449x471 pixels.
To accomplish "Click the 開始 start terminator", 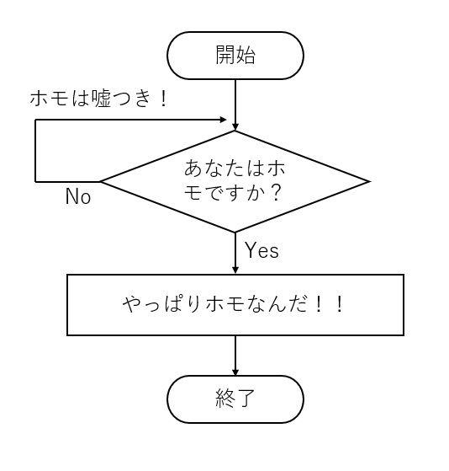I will pos(235,56).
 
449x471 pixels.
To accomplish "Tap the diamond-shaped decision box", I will pos(235,181).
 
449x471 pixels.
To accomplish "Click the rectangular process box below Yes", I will pos(235,304).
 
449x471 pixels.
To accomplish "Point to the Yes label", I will pos(261,250).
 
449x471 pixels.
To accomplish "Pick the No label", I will pos(78,198).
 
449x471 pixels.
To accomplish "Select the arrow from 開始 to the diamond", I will pos(235,105).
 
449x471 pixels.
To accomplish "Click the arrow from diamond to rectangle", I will pos(235,253).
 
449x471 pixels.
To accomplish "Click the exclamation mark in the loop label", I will pos(162,99).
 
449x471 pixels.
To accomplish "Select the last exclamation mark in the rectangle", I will pos(341,304).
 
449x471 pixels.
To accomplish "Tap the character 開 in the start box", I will pos(225,56).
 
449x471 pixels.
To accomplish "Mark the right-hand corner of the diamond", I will pos(367,181).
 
